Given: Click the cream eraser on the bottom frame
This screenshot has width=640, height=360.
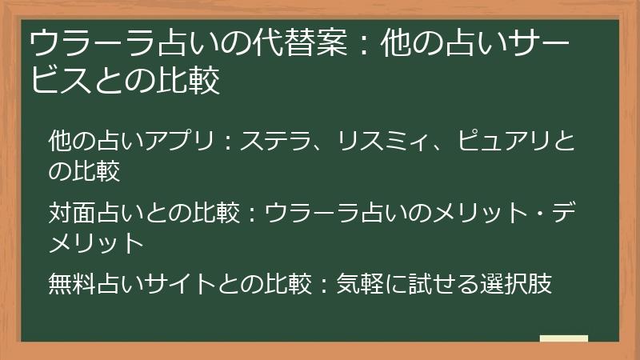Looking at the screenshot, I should pyautogui.click(x=564, y=339).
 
